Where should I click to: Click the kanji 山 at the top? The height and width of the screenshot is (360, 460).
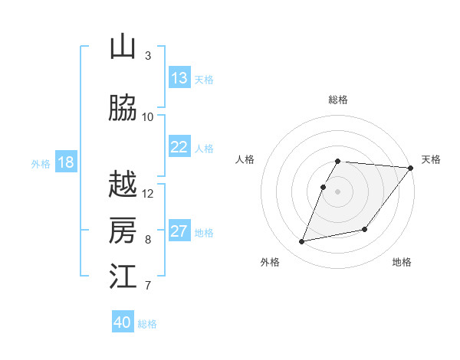[x=123, y=47]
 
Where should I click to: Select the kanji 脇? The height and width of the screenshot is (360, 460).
[x=123, y=109]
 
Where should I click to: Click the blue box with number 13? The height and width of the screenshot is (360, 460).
[x=179, y=78]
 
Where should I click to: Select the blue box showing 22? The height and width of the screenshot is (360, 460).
[x=179, y=147]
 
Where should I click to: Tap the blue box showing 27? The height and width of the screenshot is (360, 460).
[x=179, y=231]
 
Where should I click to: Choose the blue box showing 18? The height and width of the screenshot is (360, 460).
[x=65, y=162]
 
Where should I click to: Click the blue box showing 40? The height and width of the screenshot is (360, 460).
[x=123, y=322]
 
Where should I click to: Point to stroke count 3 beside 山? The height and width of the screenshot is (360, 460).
[x=148, y=56]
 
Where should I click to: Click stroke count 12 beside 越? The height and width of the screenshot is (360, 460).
[x=148, y=193]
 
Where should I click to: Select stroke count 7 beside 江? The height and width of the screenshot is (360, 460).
[x=148, y=286]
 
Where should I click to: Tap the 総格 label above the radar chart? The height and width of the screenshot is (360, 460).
[x=338, y=100]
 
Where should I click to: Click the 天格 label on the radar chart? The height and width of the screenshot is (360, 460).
[x=431, y=159]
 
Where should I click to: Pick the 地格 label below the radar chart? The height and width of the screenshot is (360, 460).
[x=402, y=263]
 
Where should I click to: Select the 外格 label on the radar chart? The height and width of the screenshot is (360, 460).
[x=270, y=263]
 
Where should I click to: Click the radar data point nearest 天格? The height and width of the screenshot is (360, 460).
[x=411, y=168]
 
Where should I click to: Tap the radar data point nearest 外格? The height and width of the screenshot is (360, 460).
[x=302, y=241]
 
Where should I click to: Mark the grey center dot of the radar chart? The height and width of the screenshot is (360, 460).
[x=338, y=191]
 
